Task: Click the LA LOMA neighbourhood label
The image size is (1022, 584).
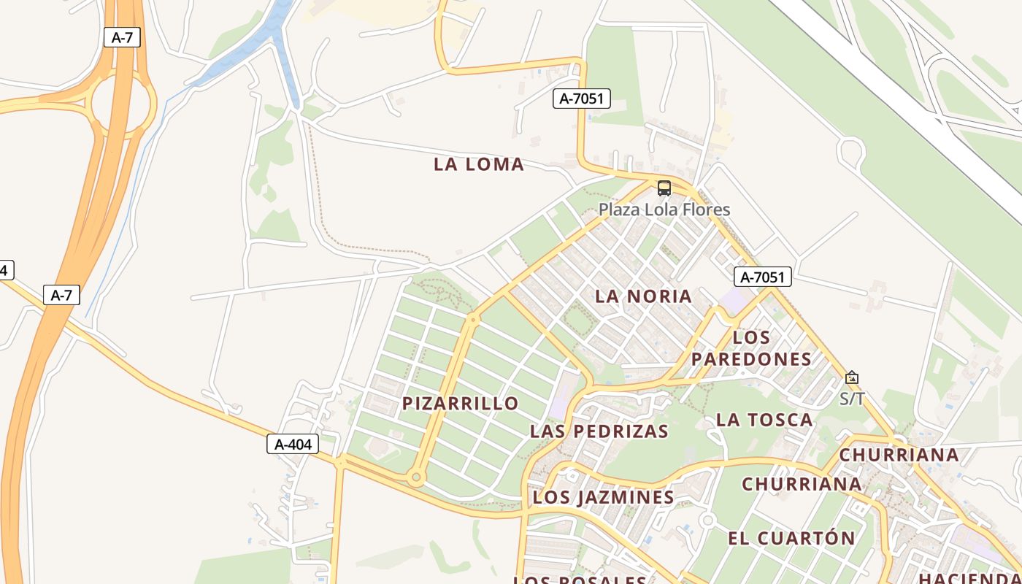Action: coord(479,164)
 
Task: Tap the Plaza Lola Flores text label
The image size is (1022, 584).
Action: coord(664,210)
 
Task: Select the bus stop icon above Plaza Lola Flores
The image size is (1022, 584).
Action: coord(664,188)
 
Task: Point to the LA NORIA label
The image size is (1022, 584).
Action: coord(643,296)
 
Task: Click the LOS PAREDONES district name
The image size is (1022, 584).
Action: coord(751,348)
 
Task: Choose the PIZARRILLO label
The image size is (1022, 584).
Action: coord(461,403)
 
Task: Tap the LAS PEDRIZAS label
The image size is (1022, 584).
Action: coord(599,431)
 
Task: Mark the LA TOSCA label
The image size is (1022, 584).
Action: coord(764,419)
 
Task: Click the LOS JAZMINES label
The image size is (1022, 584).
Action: coord(604,497)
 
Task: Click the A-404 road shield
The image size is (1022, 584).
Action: coord(293,443)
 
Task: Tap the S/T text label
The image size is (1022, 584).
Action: coord(852,399)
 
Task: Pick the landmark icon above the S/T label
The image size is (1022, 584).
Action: coord(852,377)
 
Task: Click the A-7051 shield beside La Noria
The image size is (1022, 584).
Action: coord(762,277)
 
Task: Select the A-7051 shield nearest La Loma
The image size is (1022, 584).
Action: coord(581,98)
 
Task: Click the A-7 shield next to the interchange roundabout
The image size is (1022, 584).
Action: coord(122,37)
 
